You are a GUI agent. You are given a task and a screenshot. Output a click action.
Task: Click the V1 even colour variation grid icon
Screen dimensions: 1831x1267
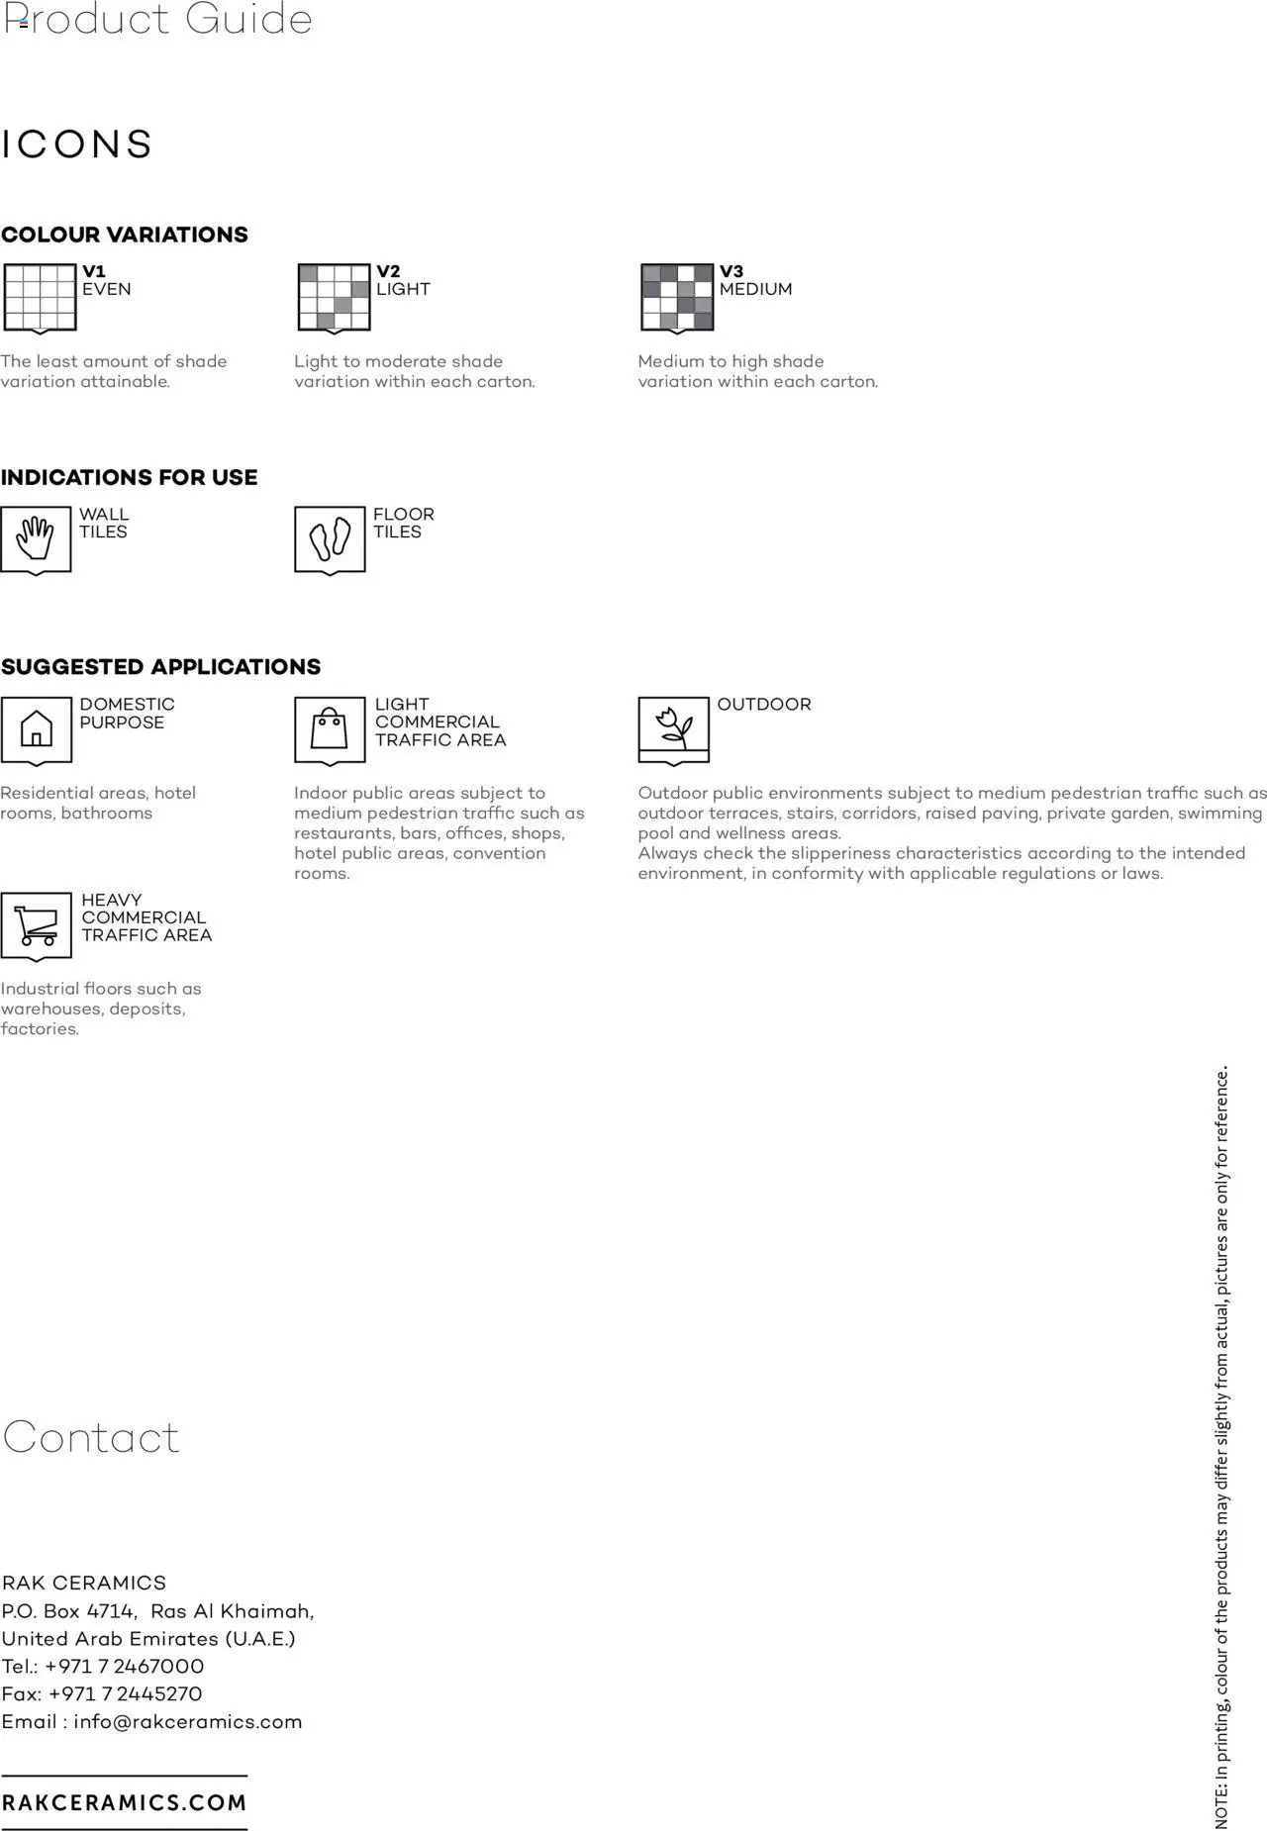point(40,296)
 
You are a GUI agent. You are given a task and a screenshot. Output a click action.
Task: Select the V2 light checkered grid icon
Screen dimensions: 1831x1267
point(334,296)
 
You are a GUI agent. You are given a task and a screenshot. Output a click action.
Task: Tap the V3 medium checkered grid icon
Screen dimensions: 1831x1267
point(677,296)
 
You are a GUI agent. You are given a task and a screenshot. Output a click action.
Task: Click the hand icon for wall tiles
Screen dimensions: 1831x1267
point(36,538)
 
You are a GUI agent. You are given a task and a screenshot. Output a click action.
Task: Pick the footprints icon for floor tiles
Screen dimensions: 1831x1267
point(330,538)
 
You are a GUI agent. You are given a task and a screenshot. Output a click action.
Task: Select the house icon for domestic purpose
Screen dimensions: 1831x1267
point(36,728)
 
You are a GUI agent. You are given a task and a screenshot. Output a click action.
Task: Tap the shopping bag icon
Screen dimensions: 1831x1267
point(330,729)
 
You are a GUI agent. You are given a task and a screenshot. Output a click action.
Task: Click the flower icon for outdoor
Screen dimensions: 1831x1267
point(674,727)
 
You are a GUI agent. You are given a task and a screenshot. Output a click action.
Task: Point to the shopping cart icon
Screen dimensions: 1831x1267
point(37,924)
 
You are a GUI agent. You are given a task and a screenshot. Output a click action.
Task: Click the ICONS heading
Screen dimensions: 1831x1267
point(77,145)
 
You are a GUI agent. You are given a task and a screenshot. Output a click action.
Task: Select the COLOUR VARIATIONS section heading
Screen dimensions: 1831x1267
point(125,235)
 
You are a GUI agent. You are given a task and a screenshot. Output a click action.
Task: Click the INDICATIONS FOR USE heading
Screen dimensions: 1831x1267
point(130,477)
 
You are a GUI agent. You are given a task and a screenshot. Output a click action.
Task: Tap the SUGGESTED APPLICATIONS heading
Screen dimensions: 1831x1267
point(161,667)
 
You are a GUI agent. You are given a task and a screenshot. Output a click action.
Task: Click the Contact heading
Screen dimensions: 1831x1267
point(91,1437)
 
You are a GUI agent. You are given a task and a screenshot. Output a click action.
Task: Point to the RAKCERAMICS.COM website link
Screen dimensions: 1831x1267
point(125,1802)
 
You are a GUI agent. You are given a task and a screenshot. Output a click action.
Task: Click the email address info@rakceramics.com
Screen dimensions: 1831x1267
point(187,1721)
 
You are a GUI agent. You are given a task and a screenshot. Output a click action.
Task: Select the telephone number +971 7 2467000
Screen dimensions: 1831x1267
point(125,1666)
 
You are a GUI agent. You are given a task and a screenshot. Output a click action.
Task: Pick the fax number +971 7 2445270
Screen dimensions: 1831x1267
point(125,1693)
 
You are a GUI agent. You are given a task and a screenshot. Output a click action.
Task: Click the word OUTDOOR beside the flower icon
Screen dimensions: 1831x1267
point(764,705)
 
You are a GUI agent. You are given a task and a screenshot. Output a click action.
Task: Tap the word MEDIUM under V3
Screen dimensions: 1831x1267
point(755,289)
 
